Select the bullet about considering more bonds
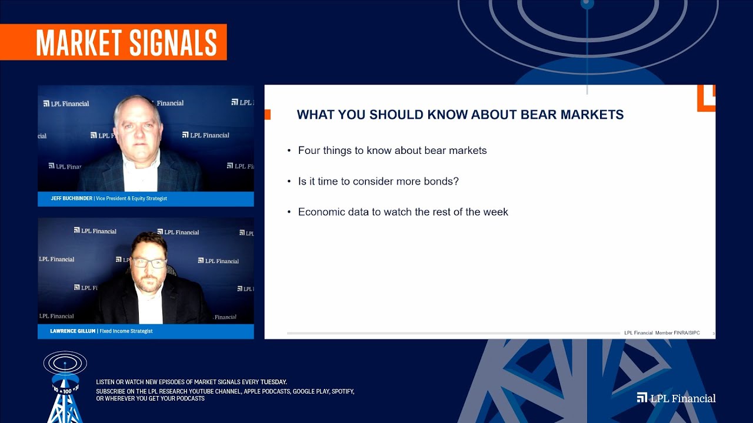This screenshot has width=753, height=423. [378, 181]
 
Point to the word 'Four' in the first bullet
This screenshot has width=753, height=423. [309, 150]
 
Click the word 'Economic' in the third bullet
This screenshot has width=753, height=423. [321, 211]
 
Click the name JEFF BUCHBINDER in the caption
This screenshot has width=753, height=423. [71, 199]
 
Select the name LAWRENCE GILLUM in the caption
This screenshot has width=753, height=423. [72, 331]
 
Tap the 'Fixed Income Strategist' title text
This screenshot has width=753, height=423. [126, 331]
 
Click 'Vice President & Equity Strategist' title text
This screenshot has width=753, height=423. [131, 199]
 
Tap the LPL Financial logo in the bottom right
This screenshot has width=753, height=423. [676, 398]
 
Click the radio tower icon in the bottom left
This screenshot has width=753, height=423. [65, 388]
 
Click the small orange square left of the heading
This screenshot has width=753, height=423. [268, 115]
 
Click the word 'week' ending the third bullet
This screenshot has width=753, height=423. [495, 211]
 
